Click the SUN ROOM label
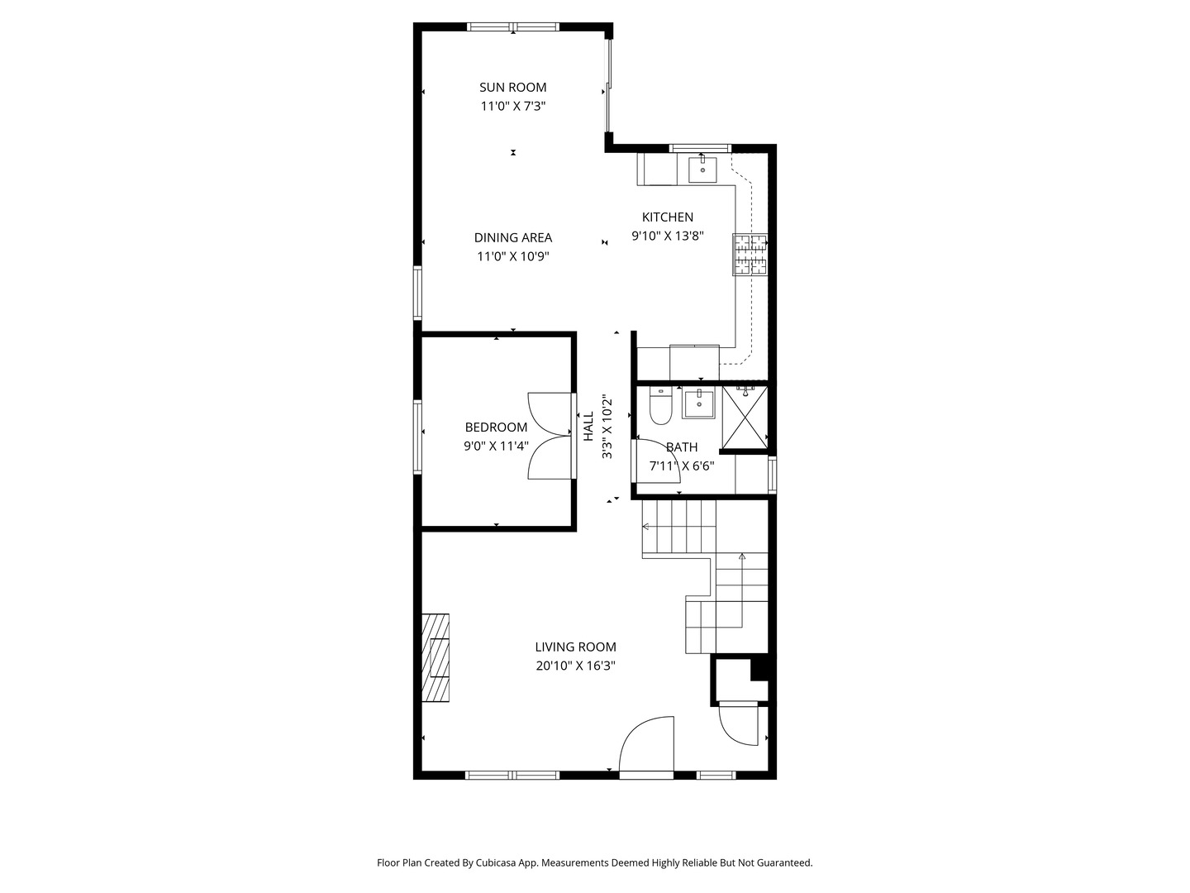[x=512, y=87]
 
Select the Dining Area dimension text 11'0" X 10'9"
[x=512, y=256]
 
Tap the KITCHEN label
[x=668, y=217]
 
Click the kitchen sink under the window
[x=702, y=170]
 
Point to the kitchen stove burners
[x=750, y=254]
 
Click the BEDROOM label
[x=496, y=427]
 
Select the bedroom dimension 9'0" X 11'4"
[x=496, y=446]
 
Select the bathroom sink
[x=698, y=404]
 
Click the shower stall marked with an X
[x=745, y=418]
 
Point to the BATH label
[x=682, y=447]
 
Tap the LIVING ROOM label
[x=575, y=647]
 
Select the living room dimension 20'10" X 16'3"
[x=575, y=666]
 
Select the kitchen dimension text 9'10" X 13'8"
[x=668, y=236]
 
